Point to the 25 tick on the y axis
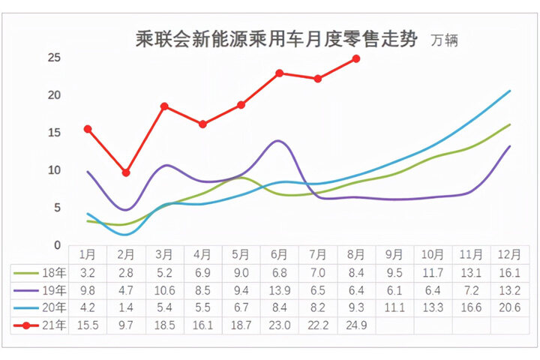[53, 58]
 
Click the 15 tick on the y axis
[53, 133]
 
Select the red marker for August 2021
[356, 58]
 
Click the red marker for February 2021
[126, 172]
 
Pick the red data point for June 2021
[279, 73]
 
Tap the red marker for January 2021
[88, 129]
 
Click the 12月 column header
[510, 254]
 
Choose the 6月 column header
[279, 254]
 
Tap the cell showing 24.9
[356, 325]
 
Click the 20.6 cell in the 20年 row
[510, 307]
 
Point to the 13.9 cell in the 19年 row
[279, 290]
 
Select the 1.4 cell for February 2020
[126, 307]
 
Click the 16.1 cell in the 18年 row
[510, 272]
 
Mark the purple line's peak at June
[278, 140]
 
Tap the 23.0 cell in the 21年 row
[279, 325]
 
